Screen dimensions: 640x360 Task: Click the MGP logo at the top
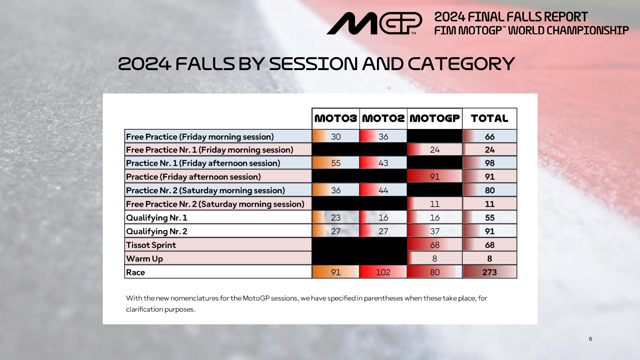pos(374,23)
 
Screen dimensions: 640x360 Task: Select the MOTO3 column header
pos(336,118)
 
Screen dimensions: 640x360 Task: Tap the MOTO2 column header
pos(383,118)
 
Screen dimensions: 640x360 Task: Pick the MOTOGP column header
pos(435,118)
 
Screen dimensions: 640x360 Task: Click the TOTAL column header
pos(490,118)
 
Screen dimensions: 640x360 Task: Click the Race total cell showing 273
pos(490,272)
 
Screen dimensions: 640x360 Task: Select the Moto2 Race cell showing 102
pos(383,272)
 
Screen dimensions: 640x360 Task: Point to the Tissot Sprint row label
pos(151,245)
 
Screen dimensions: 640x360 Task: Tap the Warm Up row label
pos(145,259)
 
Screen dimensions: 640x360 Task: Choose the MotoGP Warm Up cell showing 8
pos(435,259)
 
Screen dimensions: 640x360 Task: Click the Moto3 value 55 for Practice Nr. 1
pos(336,163)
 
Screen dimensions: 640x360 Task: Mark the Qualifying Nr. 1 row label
pos(157,218)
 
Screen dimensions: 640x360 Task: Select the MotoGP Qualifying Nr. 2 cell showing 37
pos(435,231)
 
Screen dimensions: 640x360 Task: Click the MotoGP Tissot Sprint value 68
pos(435,245)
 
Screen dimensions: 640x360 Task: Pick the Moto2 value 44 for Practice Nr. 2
pos(383,190)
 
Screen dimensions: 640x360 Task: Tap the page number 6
pos(590,339)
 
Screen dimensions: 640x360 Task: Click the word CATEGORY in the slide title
pos(461,64)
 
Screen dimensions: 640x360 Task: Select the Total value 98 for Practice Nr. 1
pos(490,163)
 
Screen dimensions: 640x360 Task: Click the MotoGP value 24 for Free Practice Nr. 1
pos(435,150)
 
